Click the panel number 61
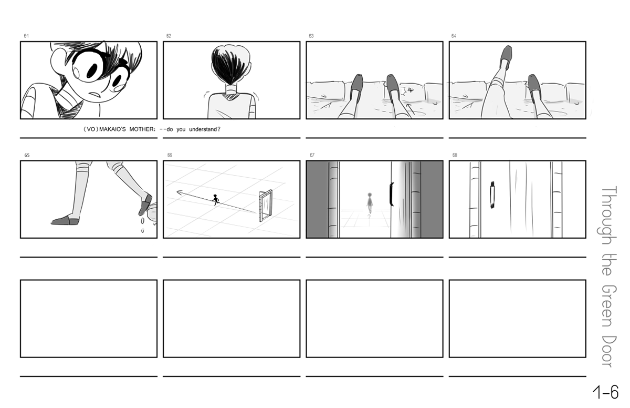(x=26, y=36)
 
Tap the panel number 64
(x=454, y=36)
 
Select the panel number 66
(x=170, y=155)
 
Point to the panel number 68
(x=455, y=155)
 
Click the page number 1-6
(x=605, y=392)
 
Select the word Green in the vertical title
(x=609, y=307)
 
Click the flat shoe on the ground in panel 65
(x=65, y=221)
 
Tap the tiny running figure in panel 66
(x=215, y=200)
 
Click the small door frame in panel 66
(x=266, y=206)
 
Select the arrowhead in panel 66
(x=180, y=192)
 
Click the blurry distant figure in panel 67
(x=370, y=203)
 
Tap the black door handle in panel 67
(x=391, y=195)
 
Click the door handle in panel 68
(x=492, y=195)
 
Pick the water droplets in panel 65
(x=143, y=224)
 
